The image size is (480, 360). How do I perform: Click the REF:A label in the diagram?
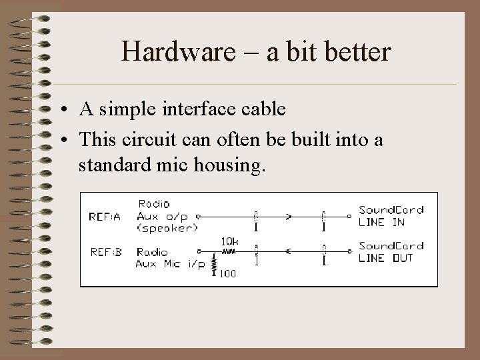(x=105, y=216)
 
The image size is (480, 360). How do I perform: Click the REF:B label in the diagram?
(x=105, y=252)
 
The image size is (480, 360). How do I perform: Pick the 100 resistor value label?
(x=229, y=273)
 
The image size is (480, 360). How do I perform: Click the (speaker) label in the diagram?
(x=167, y=227)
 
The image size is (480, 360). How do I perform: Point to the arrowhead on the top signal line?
(x=289, y=216)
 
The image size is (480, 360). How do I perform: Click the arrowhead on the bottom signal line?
(x=288, y=252)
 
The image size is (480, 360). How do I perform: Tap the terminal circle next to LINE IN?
(x=349, y=216)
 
